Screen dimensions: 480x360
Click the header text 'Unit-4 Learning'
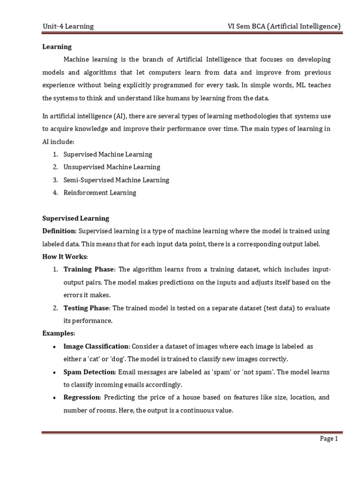(x=68, y=26)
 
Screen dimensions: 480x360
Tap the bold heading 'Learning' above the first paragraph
(x=57, y=47)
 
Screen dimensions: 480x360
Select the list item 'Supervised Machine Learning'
(x=108, y=154)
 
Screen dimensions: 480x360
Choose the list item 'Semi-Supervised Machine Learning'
(x=116, y=180)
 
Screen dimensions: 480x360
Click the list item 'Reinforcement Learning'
(x=100, y=193)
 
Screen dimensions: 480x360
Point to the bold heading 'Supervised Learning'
(x=75, y=218)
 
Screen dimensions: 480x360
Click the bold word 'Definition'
(x=59, y=231)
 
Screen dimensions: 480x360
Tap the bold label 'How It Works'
(x=65, y=257)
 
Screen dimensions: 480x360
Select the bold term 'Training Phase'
(x=89, y=270)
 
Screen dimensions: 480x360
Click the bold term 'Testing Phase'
(x=87, y=308)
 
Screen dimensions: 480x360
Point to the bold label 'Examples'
(x=59, y=333)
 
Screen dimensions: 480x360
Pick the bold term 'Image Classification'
(x=96, y=346)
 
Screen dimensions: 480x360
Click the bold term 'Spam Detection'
(x=89, y=372)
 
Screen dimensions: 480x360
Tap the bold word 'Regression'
(x=82, y=397)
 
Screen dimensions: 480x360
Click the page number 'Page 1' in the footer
(x=329, y=439)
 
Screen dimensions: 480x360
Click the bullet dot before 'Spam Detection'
(x=55, y=372)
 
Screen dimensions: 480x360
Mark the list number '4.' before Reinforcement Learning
(x=55, y=193)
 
